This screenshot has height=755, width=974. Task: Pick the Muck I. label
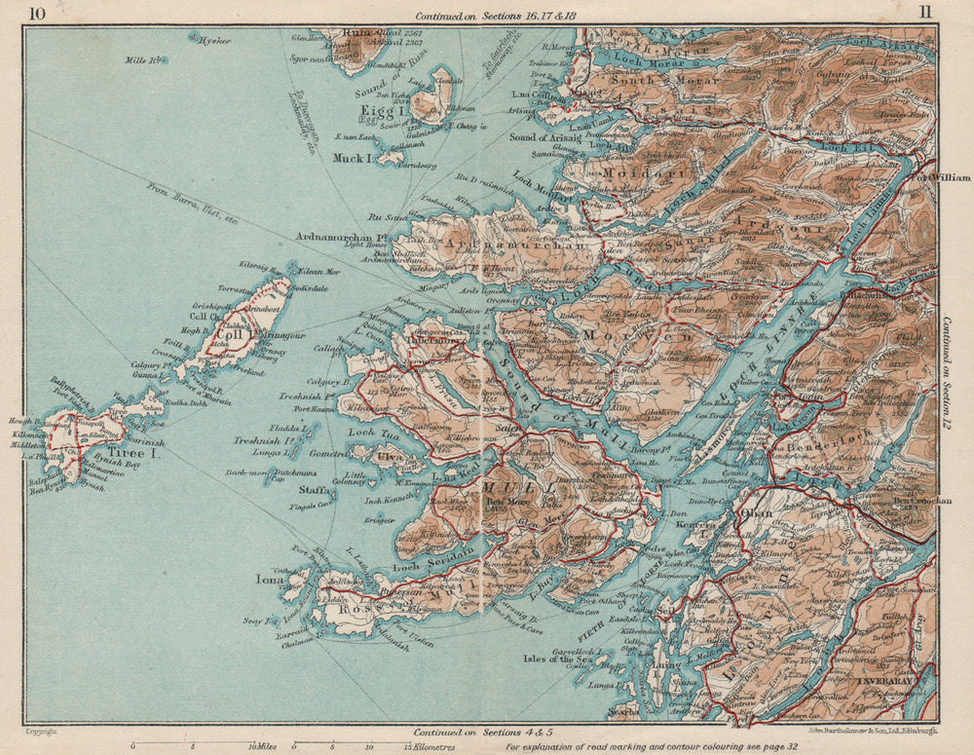353,157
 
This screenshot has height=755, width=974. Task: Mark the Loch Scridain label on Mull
434,554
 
